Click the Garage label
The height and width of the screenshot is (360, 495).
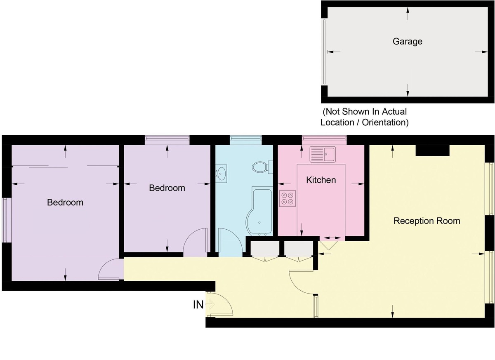407,41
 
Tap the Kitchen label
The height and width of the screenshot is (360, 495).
321,180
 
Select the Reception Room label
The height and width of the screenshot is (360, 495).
427,221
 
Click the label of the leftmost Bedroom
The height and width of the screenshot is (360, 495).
65,202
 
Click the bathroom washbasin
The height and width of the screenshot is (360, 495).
222,173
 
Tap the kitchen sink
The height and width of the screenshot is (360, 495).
324,155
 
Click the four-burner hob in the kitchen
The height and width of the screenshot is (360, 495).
288,198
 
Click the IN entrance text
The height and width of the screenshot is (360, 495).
198,305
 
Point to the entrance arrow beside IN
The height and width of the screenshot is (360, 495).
210,305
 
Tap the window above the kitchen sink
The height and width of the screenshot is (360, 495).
324,140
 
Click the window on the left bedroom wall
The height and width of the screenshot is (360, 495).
5,220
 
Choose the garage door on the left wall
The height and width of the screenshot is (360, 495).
325,52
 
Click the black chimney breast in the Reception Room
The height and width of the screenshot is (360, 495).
432,151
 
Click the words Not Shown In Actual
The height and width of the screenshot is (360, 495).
365,111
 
